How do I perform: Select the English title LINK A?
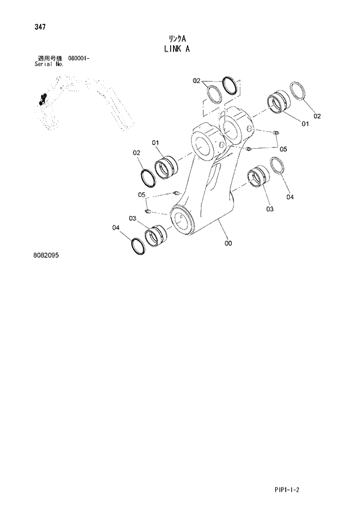coord(177,49)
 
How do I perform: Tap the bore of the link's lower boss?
coord(185,220)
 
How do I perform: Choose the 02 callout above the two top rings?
coord(196,80)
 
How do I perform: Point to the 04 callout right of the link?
coord(289,197)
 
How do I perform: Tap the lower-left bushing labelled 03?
coord(156,235)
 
